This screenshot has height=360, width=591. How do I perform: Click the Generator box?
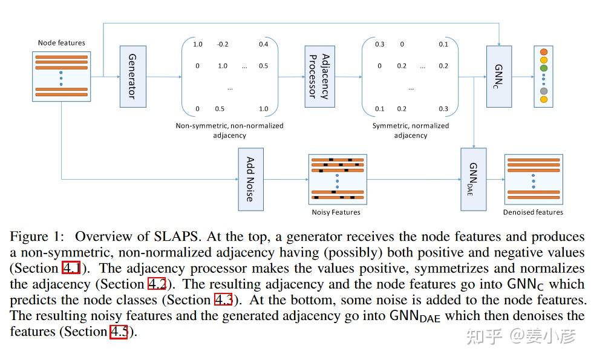point(132,76)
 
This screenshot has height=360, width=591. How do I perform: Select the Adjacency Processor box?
point(319,76)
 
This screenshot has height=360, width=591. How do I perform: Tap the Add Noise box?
point(250,179)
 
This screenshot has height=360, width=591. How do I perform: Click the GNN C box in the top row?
point(498,76)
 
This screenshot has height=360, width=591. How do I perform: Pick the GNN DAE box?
point(474,179)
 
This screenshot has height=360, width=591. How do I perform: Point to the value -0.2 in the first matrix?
point(223,44)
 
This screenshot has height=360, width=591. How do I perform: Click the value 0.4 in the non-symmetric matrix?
point(263,44)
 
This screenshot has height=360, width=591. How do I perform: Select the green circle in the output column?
point(543,68)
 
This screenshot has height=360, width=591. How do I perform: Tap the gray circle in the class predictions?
point(543,91)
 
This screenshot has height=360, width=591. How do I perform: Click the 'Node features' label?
point(61,43)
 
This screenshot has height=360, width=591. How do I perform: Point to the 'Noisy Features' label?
point(336,212)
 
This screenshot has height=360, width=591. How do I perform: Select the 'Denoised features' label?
point(533,212)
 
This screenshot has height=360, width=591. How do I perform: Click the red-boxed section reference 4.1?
point(71,268)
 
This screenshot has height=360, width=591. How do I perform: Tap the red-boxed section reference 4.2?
point(157,284)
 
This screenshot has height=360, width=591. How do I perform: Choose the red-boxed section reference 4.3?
point(223,299)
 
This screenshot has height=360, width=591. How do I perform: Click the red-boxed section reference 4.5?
point(118,332)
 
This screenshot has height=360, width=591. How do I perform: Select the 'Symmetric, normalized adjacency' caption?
point(411,131)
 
